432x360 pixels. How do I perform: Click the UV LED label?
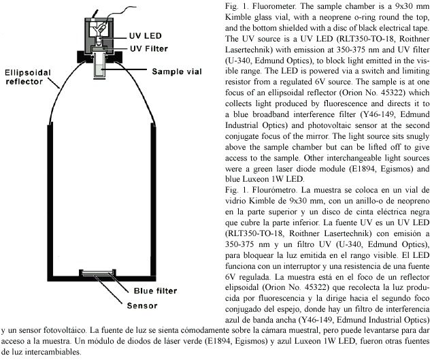(145, 36)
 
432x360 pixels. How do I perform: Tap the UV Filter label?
(149, 49)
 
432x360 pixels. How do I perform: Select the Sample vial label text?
(177, 71)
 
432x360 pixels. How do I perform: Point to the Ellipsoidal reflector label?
(28, 77)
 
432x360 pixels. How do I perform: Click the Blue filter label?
(155, 291)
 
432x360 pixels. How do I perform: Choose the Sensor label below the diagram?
(142, 306)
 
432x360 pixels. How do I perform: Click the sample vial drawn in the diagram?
(99, 65)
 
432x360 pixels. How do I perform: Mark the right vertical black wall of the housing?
(153, 201)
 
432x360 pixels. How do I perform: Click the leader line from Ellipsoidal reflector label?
(54, 83)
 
